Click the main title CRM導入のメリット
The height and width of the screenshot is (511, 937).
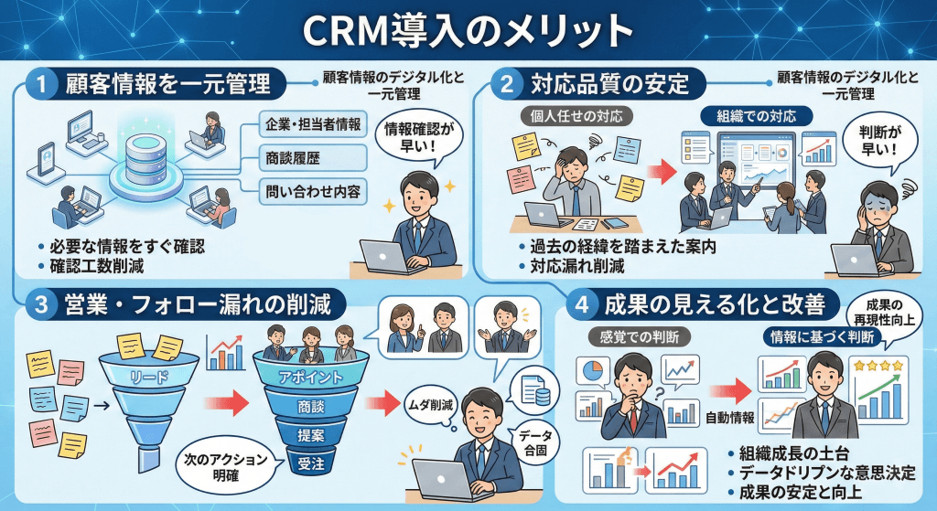(468, 30)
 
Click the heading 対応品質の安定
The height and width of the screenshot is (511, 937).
(609, 86)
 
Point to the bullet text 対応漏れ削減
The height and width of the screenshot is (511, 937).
(576, 268)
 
